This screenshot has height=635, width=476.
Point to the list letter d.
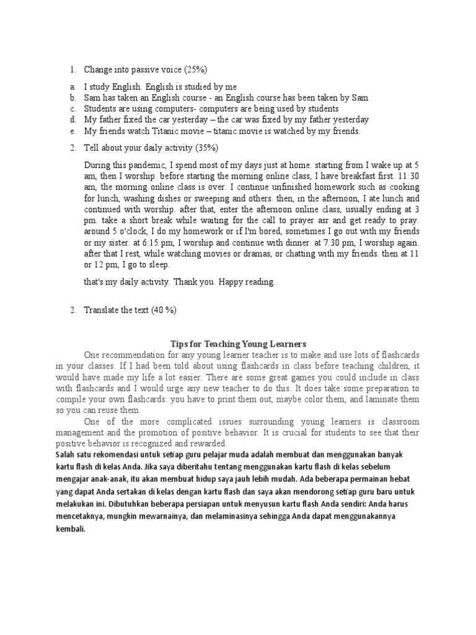[73, 119]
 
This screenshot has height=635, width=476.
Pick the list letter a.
[73, 87]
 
